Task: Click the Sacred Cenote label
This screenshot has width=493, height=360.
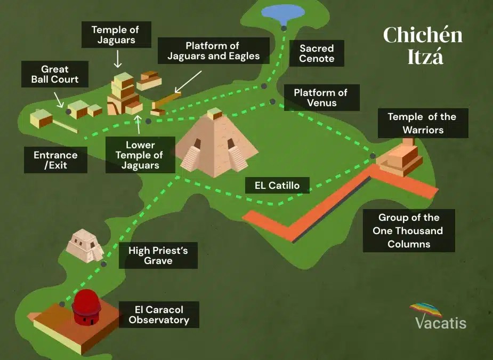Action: point(317,53)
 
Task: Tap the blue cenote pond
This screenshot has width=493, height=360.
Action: point(283,12)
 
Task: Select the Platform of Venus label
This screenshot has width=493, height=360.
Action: point(320,98)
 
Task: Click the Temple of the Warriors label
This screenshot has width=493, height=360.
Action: point(422,123)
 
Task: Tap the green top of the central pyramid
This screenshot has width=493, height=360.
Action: point(214,113)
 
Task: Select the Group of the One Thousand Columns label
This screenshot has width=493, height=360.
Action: point(409,230)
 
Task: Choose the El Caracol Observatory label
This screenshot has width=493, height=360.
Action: point(159,315)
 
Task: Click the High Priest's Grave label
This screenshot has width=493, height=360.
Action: point(158,255)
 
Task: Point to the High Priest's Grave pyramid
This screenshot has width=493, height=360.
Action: point(84,245)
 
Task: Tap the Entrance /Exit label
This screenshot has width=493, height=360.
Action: point(55,161)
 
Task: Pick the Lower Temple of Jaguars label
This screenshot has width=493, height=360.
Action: point(140,155)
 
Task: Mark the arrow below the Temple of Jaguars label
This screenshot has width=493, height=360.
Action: point(117,59)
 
